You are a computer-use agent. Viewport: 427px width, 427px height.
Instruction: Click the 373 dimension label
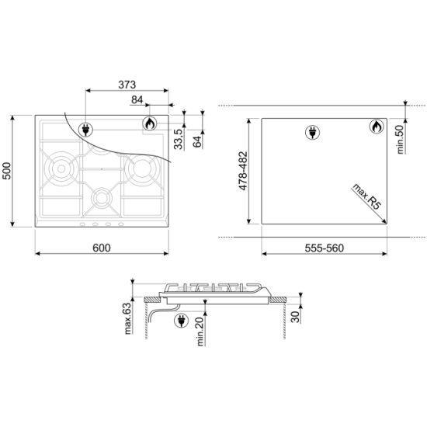pos(127,85)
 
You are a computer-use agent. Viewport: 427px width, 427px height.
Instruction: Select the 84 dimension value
pos(137,100)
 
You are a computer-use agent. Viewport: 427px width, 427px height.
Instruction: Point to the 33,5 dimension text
pos(179,139)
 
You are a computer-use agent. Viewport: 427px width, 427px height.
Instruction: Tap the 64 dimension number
pos(197,141)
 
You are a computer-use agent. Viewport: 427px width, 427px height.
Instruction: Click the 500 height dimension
pos(6,171)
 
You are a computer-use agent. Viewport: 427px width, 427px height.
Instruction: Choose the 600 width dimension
pos(102,248)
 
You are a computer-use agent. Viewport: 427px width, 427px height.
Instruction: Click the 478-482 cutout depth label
pos(243,171)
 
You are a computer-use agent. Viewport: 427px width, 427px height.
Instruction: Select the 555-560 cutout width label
pos(324,248)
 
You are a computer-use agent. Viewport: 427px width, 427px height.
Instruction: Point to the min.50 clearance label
pos(401,140)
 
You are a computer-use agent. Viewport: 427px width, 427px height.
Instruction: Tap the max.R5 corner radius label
pos(366,196)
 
